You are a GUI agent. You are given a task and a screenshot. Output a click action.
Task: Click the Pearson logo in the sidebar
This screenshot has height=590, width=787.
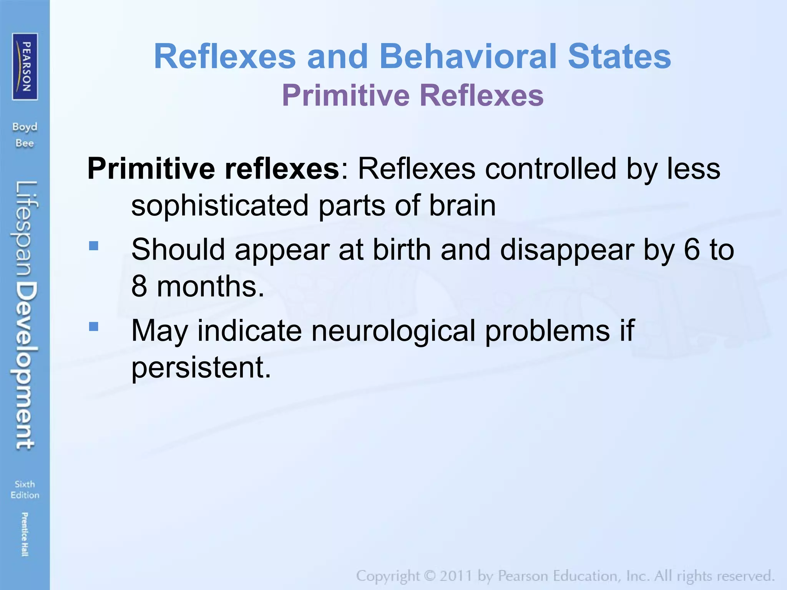click(25, 66)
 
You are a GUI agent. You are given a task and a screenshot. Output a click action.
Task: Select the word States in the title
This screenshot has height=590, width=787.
click(619, 56)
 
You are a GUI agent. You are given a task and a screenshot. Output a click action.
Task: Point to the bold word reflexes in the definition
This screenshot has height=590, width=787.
click(282, 169)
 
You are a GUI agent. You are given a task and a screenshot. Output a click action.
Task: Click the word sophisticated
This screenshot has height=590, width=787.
click(220, 206)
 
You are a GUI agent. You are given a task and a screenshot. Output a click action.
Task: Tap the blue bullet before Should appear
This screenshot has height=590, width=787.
click(94, 245)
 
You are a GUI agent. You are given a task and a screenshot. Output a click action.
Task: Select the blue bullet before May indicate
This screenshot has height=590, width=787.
click(94, 326)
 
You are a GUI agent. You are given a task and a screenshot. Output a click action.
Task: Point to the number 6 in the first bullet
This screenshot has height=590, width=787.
click(692, 250)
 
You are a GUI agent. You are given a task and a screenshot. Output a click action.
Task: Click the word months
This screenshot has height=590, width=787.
click(210, 287)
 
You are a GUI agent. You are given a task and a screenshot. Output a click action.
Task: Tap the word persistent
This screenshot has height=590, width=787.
click(201, 368)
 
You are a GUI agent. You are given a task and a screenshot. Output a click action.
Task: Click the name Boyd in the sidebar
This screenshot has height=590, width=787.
click(25, 127)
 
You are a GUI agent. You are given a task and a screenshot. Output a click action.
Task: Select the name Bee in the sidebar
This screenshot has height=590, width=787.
click(25, 144)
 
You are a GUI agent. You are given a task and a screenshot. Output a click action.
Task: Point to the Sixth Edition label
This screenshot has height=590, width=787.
click(25, 490)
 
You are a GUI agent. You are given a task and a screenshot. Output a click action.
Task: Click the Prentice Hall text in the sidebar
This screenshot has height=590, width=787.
click(25, 534)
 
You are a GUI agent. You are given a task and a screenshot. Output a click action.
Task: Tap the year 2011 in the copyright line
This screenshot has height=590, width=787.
click(455, 576)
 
